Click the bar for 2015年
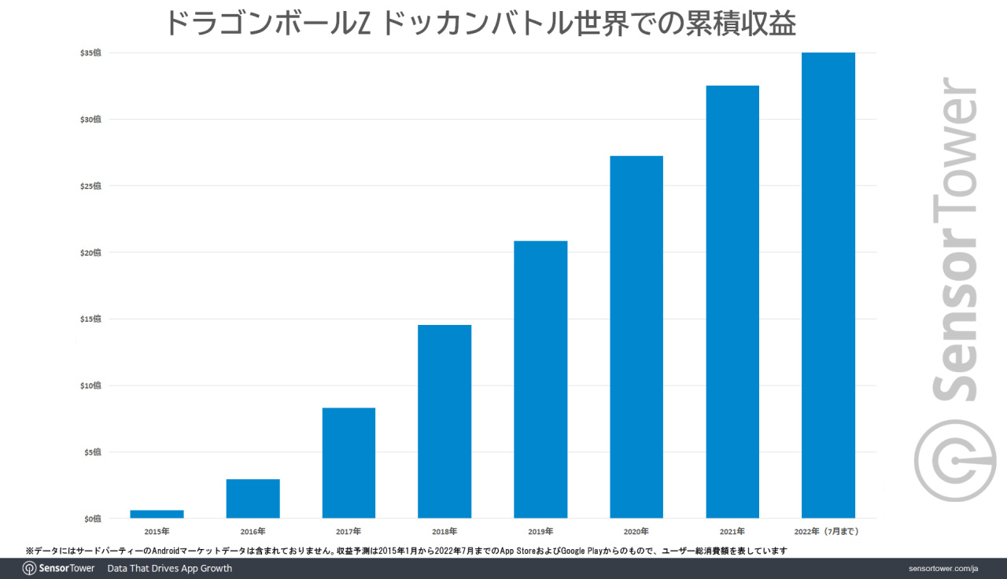click(x=157, y=514)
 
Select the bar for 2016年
click(x=253, y=498)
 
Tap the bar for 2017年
click(x=349, y=463)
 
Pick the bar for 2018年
click(x=444, y=421)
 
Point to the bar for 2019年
click(x=540, y=379)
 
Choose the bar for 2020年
click(x=636, y=337)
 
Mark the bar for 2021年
click(x=732, y=301)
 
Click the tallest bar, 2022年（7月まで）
click(x=828, y=285)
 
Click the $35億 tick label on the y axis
click(x=90, y=53)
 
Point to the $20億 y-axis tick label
click(x=90, y=253)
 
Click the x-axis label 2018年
click(x=444, y=532)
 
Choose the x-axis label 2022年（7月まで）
click(x=828, y=532)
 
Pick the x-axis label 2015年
click(x=157, y=532)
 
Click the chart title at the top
click(x=480, y=24)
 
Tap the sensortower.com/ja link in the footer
click(x=942, y=569)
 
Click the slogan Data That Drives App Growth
click(x=170, y=569)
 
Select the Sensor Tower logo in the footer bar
click(x=59, y=569)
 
